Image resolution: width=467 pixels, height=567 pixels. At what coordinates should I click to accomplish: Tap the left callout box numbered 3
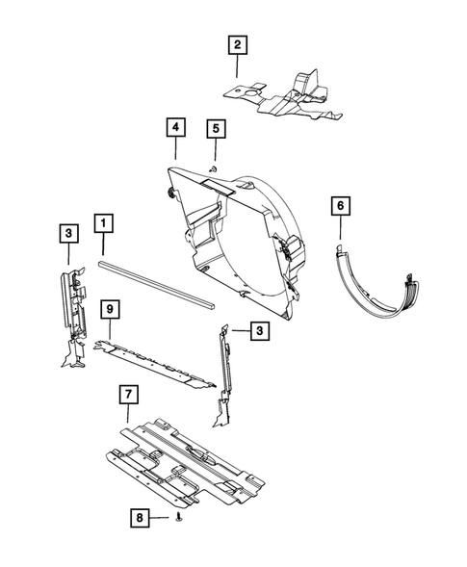point(68,232)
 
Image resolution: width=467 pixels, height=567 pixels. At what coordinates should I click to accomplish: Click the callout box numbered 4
point(174,127)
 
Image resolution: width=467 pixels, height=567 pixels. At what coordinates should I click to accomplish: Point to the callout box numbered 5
point(215,127)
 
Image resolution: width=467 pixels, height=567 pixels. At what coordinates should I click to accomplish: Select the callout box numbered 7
point(126,395)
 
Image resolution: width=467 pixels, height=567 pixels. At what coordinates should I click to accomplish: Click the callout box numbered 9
point(111,309)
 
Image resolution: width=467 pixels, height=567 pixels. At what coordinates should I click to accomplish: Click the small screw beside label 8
point(180,520)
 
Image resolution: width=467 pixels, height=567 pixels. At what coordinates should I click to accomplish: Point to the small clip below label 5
point(214,168)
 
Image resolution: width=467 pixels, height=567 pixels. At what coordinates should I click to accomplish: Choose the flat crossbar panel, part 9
point(154,361)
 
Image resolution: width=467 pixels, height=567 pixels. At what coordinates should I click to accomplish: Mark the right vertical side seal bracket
point(225,375)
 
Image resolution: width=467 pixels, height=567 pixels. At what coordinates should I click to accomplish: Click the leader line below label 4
point(174,148)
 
